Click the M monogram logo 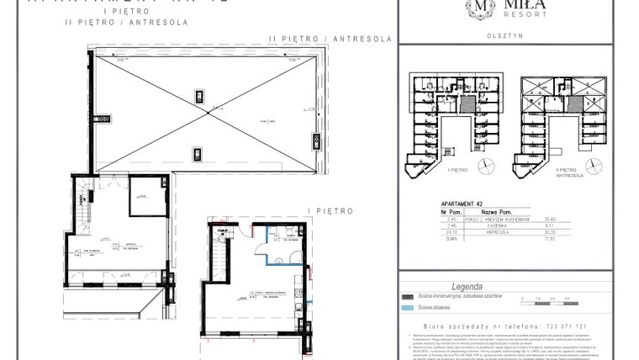478,8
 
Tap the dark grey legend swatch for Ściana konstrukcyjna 408,297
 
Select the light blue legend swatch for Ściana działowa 408,308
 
